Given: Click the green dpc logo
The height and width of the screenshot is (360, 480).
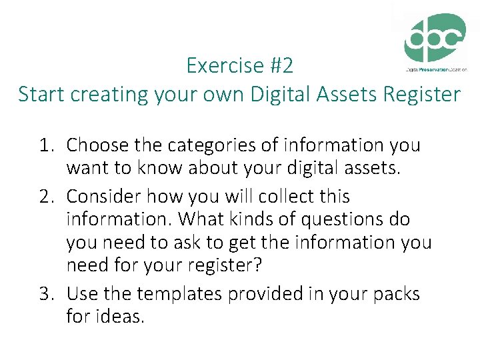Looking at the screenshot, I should pos(435,38).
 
